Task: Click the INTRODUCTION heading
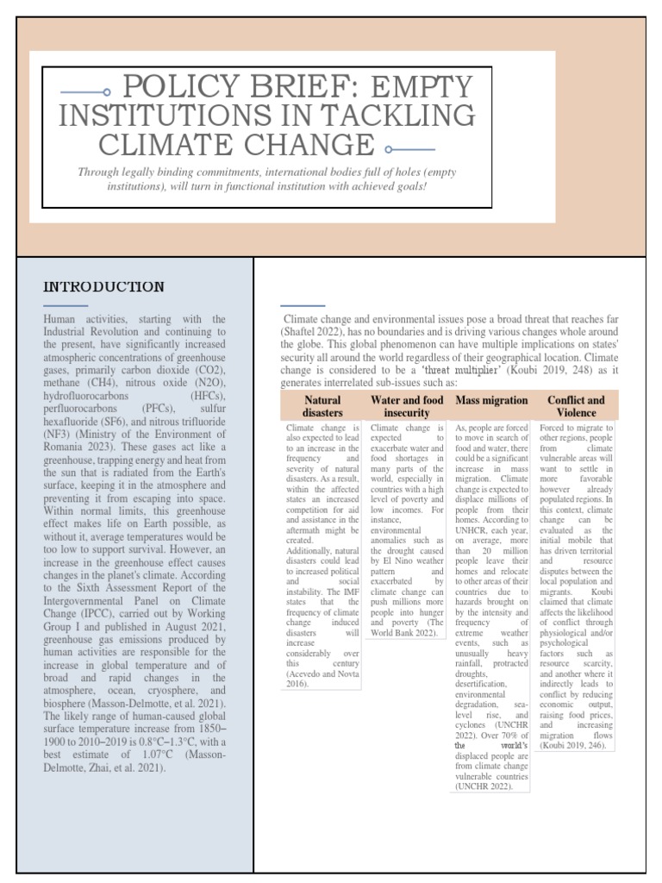(103, 286)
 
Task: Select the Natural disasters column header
(322, 406)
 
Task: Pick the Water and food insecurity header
(407, 406)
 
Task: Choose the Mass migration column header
(491, 400)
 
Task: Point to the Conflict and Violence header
(576, 406)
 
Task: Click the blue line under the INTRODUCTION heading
(66, 305)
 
